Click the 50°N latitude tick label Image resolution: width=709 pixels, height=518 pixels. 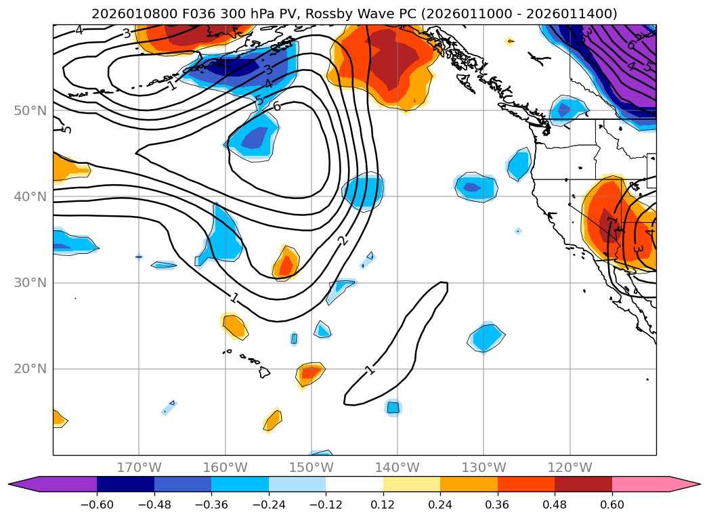(30, 110)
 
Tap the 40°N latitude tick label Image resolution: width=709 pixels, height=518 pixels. (30, 196)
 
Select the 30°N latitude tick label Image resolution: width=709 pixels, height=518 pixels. (30, 282)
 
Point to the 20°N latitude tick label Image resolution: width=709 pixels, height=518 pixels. (30, 369)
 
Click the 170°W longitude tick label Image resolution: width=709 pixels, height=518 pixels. (139, 467)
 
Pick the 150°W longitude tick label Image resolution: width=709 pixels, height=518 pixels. (311, 467)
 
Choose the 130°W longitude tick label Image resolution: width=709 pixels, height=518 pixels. (484, 467)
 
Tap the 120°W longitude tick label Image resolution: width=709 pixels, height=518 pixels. (570, 467)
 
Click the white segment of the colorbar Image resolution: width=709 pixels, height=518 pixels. (354, 483)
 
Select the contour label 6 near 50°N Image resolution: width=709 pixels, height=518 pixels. (276, 106)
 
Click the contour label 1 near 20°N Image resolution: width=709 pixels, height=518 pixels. (370, 370)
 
